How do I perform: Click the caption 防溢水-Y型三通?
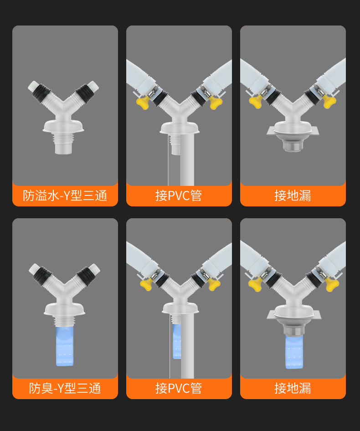(x=65, y=196)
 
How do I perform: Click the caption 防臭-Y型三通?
(x=65, y=388)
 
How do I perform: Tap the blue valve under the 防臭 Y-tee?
(x=65, y=346)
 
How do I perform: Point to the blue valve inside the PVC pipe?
(x=176, y=341)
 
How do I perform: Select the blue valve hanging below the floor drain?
(x=294, y=352)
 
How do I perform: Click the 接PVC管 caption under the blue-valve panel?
(x=179, y=388)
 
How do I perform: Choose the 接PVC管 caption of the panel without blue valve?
(x=179, y=196)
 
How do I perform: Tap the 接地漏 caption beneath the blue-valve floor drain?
(x=293, y=388)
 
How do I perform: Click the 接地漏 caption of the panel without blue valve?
(x=293, y=196)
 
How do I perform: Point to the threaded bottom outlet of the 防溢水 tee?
(x=63, y=144)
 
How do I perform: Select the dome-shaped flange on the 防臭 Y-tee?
(x=64, y=309)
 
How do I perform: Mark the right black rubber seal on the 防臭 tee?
(x=86, y=276)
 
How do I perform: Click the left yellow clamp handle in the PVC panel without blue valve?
(x=144, y=103)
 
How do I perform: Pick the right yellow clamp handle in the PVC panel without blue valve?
(x=216, y=103)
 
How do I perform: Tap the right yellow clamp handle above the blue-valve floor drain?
(x=332, y=285)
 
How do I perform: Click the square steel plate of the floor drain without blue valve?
(x=293, y=131)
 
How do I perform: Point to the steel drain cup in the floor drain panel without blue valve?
(x=293, y=143)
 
